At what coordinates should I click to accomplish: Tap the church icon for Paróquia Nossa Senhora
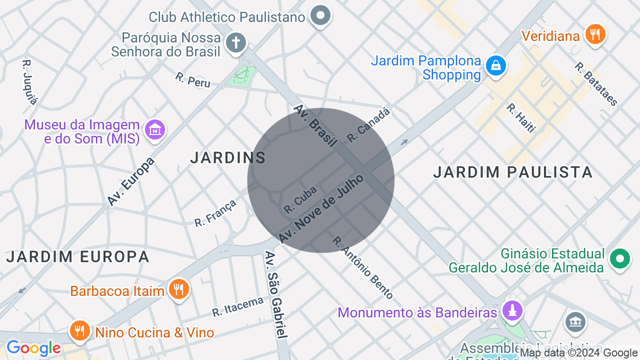point(235,43)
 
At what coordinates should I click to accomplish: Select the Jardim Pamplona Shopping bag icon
point(495,66)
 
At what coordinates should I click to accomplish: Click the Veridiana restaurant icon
point(594,34)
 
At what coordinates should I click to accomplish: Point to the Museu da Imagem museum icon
point(155,130)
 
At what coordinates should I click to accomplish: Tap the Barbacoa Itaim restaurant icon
point(178,289)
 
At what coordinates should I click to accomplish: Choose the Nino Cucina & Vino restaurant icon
point(79,330)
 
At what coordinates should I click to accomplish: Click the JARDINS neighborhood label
point(228,158)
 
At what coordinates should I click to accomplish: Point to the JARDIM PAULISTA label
point(512,172)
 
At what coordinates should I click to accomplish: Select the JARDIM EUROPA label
point(77,257)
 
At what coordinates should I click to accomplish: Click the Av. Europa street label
point(131,182)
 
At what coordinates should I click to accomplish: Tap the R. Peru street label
point(192,80)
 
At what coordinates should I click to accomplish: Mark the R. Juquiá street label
point(29,82)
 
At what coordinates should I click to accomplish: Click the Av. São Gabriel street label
point(276,295)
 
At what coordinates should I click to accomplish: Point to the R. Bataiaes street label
point(596,84)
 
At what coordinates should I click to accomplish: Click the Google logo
point(33,348)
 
